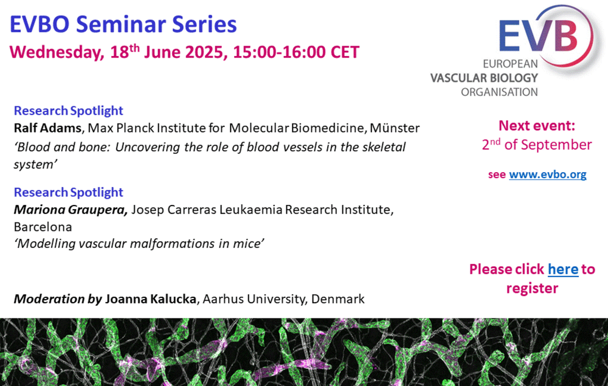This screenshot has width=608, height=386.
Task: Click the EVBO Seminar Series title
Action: coord(123,24)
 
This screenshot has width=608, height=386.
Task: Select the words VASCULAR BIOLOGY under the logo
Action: coord(485,78)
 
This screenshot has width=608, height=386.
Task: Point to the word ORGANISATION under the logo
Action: coord(499,92)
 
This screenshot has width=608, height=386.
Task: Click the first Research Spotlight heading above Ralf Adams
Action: coord(69,111)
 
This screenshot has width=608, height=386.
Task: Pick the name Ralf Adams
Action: coord(47,128)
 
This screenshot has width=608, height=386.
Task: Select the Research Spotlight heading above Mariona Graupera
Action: coord(69,192)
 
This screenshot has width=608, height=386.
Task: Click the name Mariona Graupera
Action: coord(71,210)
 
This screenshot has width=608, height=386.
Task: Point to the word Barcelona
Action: coord(43,227)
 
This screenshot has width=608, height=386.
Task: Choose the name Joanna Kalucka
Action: coord(150,299)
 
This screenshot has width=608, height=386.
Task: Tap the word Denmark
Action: coord(337,299)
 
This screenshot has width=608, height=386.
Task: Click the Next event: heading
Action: coord(537,126)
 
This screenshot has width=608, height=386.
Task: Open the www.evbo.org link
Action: coord(548,175)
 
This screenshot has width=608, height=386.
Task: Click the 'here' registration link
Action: coord(563,269)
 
